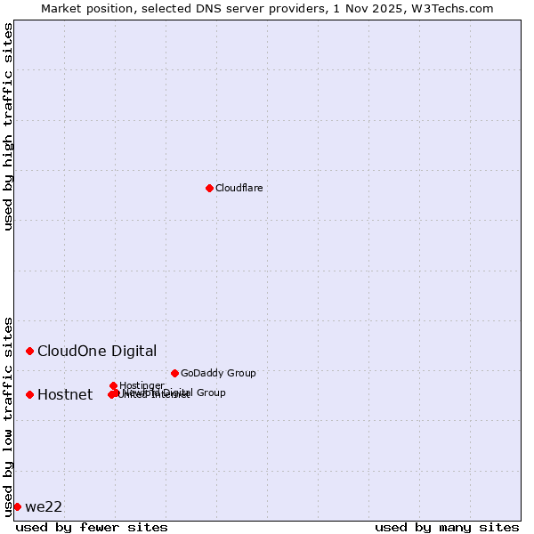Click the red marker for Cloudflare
click(209, 188)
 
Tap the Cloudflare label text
click(239, 188)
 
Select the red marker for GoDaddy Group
click(174, 373)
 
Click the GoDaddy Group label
click(218, 373)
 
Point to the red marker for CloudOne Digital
click(29, 351)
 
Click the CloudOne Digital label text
click(97, 351)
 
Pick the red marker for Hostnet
click(29, 394)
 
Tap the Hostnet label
click(65, 394)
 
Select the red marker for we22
click(17, 506)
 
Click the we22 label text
click(44, 506)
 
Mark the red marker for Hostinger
click(114, 385)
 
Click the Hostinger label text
click(142, 385)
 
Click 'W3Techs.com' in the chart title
click(449, 8)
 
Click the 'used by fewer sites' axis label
click(92, 527)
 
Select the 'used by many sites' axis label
click(446, 527)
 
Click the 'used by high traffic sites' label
click(8, 126)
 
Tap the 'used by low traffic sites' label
click(8, 416)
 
